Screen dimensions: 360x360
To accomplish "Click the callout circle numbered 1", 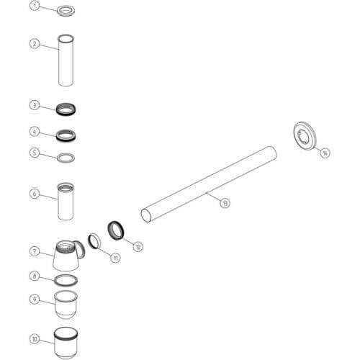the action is (35, 6).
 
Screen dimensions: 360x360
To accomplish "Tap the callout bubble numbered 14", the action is (325, 153).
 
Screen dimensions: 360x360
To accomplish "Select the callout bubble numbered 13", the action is (225, 203).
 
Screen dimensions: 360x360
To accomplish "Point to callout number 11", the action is (115, 258).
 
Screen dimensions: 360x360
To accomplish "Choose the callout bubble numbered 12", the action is (138, 246).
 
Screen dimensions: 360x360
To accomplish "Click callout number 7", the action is (35, 251).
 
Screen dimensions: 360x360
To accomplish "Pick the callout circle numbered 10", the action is (35, 339).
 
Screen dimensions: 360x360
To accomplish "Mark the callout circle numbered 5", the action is (35, 153).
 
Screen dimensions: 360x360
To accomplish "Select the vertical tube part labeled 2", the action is (66, 60).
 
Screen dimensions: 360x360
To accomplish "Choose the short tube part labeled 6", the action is (66, 202).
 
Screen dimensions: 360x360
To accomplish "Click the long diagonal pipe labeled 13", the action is (208, 184).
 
